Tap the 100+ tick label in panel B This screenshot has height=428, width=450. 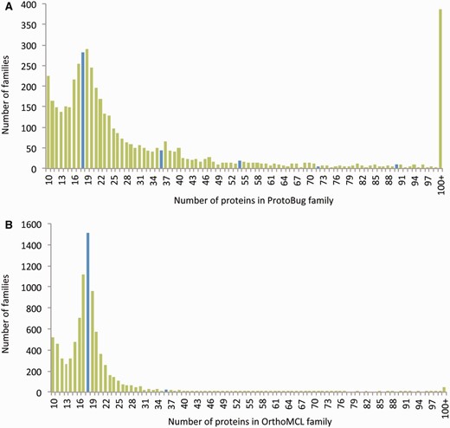pyautogui.click(x=441, y=405)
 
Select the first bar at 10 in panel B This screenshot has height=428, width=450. pyautogui.click(x=52, y=365)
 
